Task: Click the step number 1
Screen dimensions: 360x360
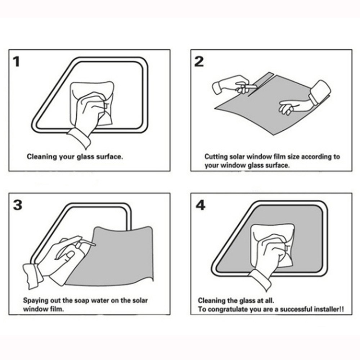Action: point(16,62)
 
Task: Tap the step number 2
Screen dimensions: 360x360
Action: point(199,62)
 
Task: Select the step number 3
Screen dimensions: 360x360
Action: point(18,205)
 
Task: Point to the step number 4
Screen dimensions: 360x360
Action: point(200,205)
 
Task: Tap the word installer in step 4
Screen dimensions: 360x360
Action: point(329,309)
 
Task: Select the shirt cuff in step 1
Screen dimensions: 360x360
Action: point(79,138)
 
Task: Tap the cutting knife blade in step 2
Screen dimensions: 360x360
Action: point(251,87)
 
